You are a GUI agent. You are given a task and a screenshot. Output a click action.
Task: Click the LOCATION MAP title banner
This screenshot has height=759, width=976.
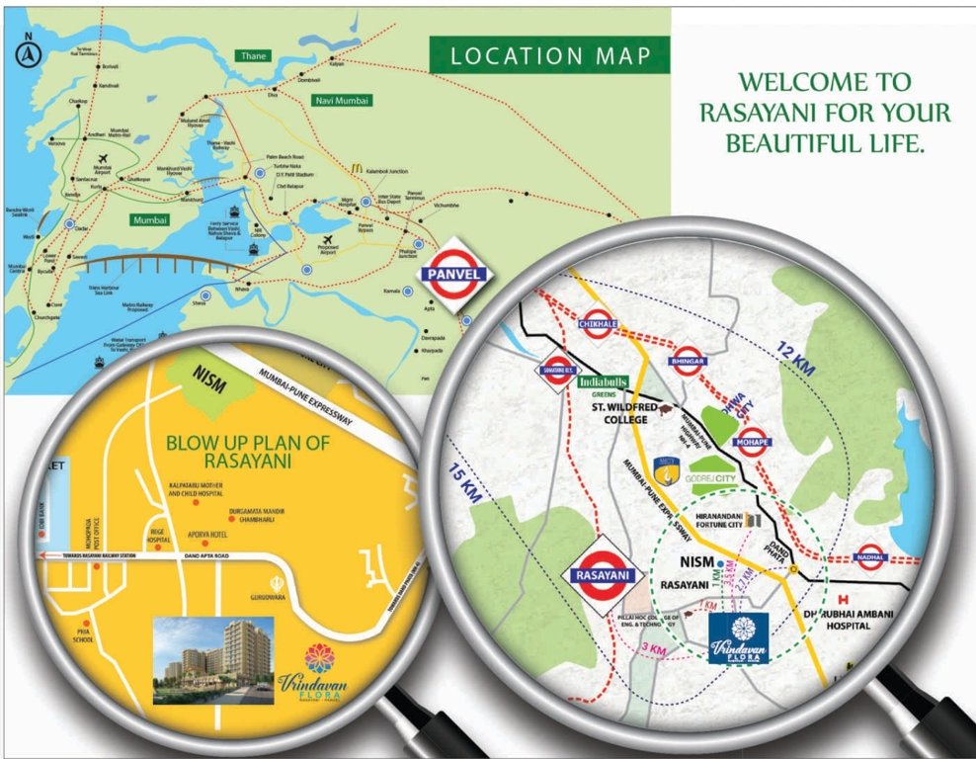click(x=550, y=55)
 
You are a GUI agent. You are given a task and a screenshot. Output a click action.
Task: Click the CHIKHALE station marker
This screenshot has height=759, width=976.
click(x=598, y=323)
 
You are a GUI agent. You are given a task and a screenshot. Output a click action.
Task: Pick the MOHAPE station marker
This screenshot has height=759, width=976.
click(x=752, y=441)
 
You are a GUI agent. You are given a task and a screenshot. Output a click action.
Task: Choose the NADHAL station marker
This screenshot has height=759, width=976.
click(x=869, y=557)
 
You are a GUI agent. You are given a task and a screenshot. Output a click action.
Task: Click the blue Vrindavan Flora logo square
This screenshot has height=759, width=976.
click(x=739, y=638)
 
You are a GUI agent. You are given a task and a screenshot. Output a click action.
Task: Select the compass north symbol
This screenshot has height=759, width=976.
click(x=30, y=53)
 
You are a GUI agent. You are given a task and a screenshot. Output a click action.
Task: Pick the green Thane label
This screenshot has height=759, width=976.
click(x=254, y=56)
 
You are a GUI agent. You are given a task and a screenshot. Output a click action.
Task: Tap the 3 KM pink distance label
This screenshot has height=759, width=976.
click(x=655, y=647)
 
